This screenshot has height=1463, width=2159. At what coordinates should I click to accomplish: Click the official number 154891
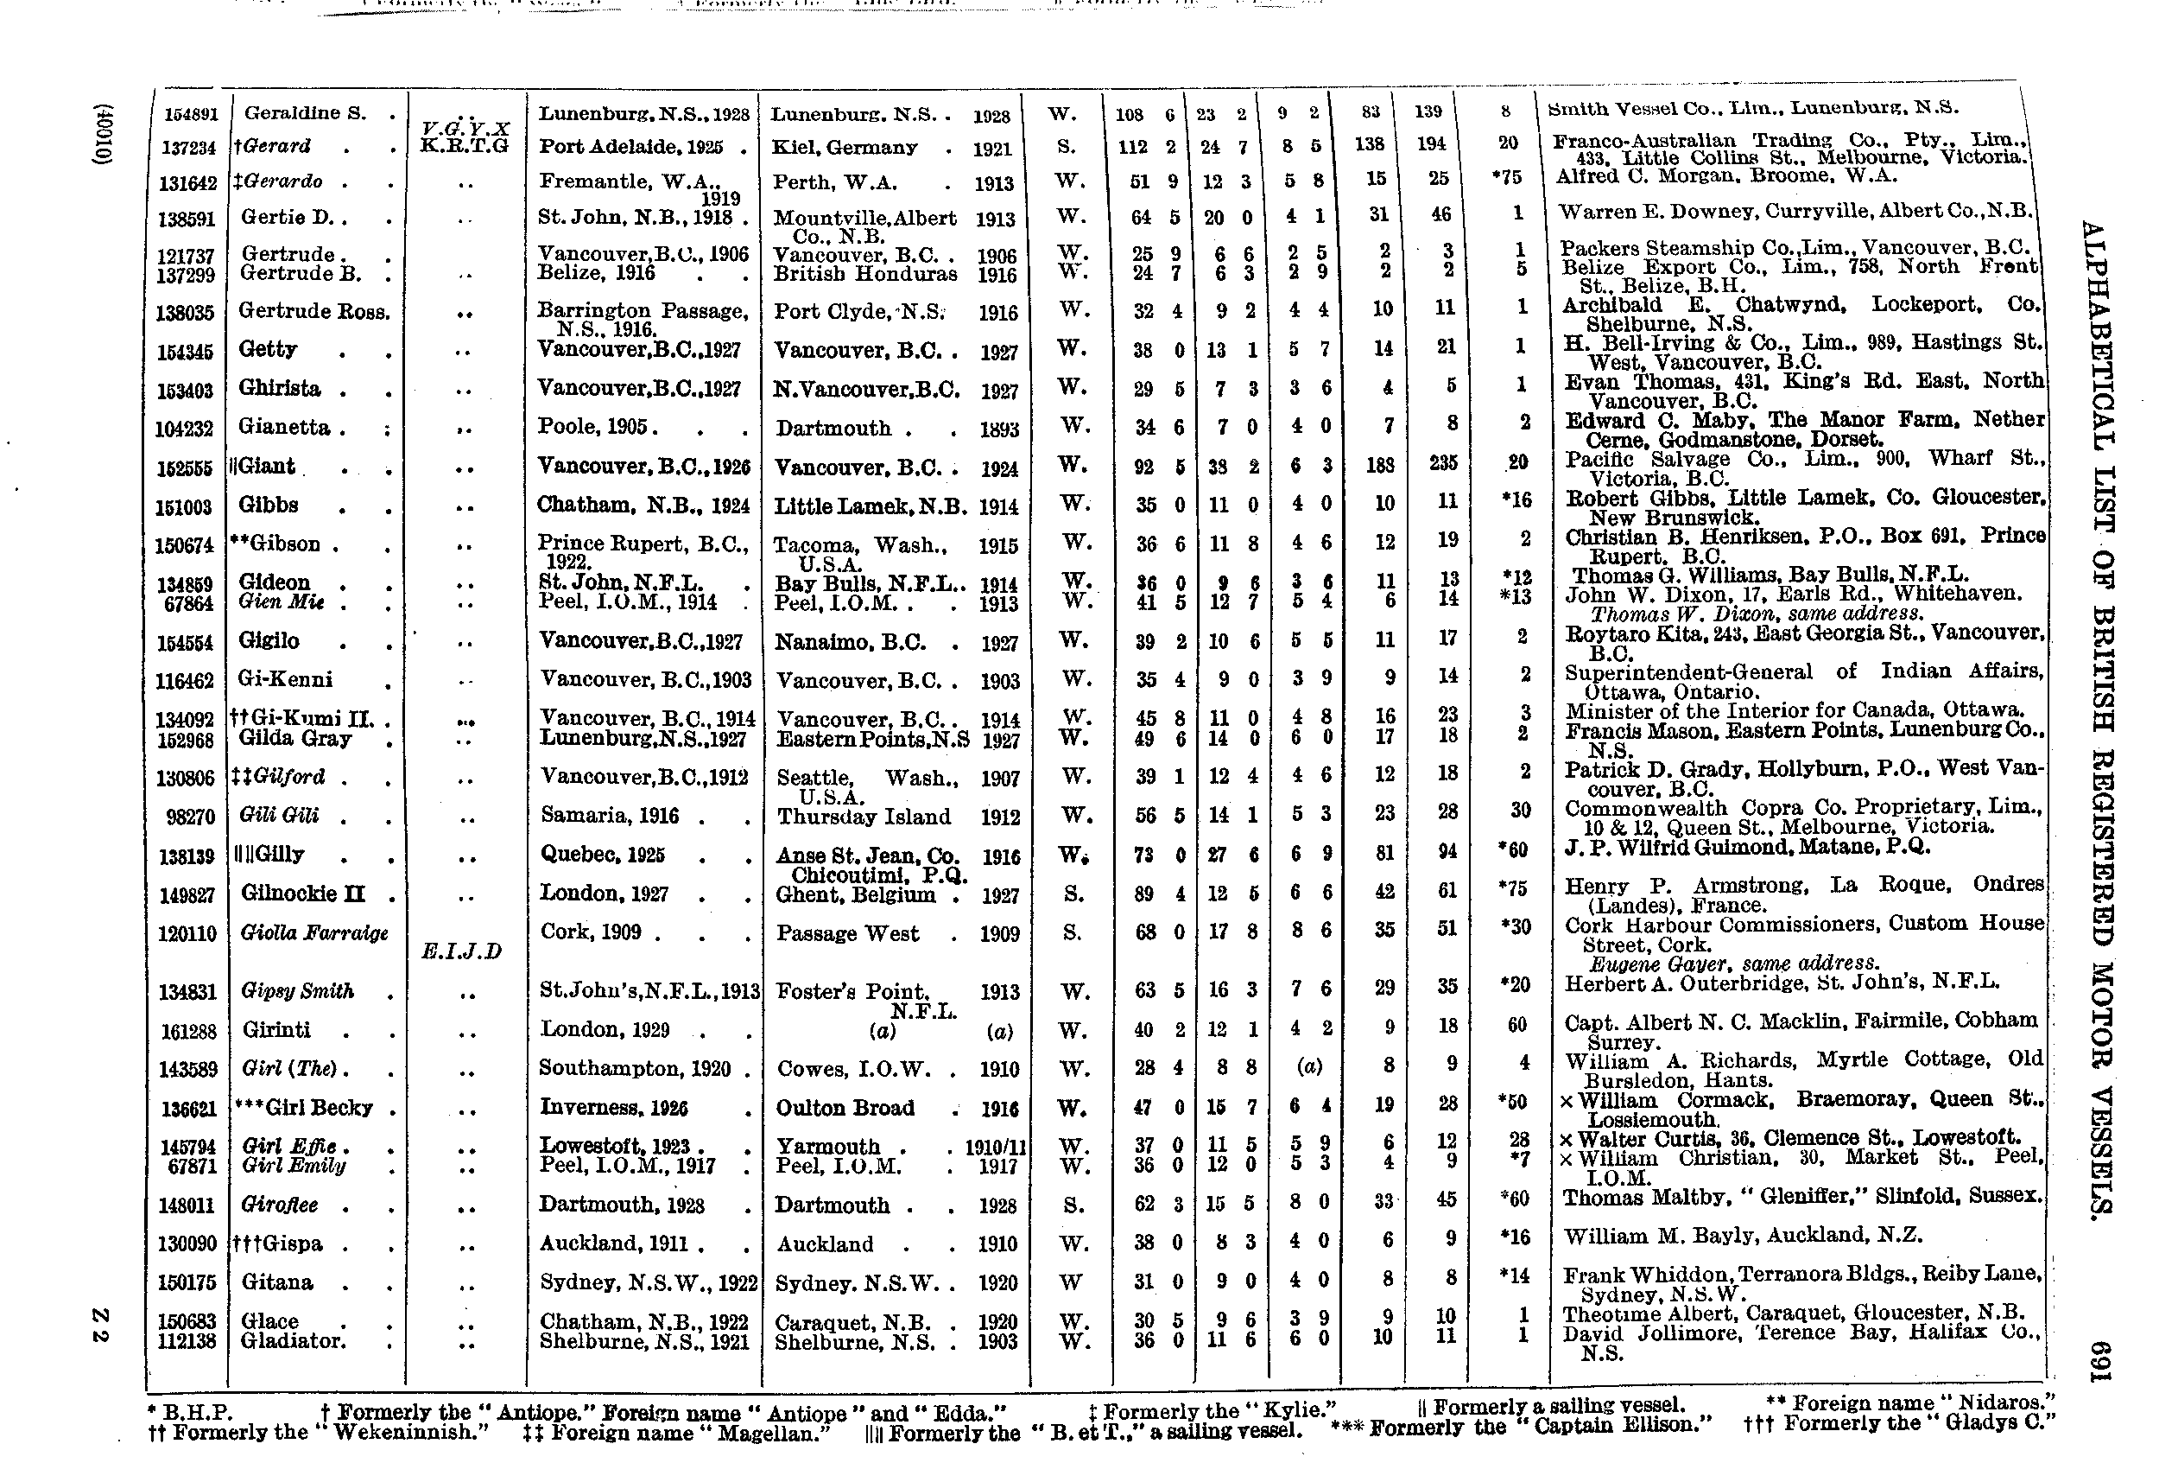[191, 114]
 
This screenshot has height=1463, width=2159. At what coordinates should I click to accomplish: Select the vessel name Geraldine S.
[305, 113]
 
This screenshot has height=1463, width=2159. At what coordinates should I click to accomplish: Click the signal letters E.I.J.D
[461, 951]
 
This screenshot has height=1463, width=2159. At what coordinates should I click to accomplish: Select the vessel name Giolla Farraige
[314, 933]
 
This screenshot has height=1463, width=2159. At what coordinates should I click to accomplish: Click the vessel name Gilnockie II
[303, 894]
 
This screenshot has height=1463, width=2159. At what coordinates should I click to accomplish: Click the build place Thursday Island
[863, 817]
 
